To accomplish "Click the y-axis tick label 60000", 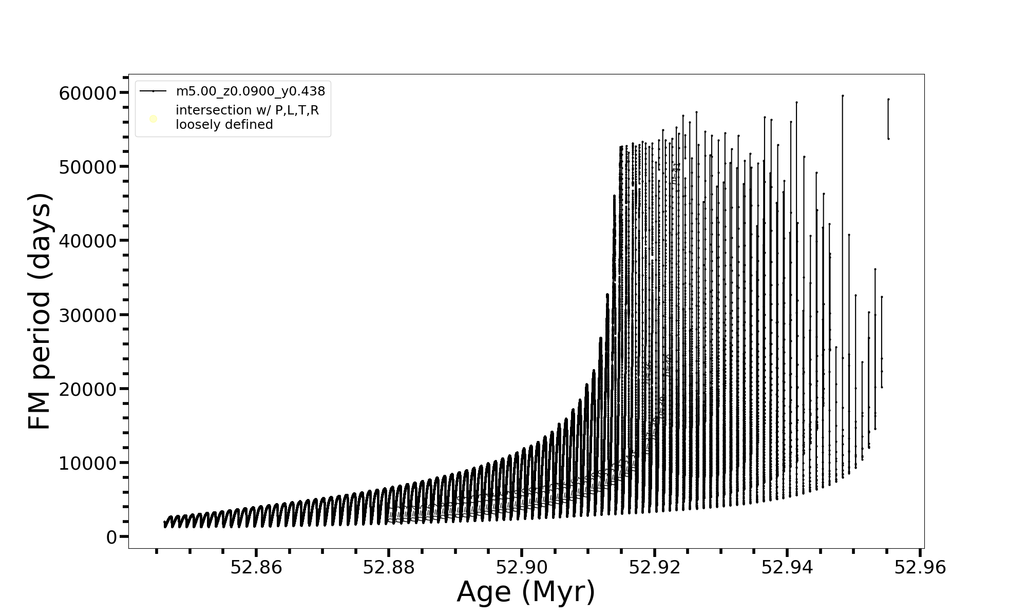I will pos(88,93).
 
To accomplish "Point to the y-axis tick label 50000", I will pos(88,167).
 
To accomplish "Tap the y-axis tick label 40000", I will pos(88,241).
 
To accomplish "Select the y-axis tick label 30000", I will pos(88,315).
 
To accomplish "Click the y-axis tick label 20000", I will pos(88,389).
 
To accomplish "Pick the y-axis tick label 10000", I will pos(88,464).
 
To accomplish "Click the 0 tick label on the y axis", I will pos(111,537).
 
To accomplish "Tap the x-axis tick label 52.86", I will pos(256,567).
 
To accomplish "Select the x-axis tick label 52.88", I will pos(389,567).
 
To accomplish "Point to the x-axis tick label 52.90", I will pos(522,567).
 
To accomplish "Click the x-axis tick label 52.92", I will pos(655,567).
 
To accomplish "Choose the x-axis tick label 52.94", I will pos(787,567).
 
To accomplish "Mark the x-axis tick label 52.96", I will pos(920,567).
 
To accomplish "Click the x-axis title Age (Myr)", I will pos(526,592).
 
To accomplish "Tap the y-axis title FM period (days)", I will pos(40,311).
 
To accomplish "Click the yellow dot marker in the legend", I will pos(153,119).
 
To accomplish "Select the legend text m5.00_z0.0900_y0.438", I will pos(251,91).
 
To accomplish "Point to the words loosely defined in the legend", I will pos(224,125).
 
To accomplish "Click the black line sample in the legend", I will pos(153,91).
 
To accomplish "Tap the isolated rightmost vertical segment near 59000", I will pos(888,119).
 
